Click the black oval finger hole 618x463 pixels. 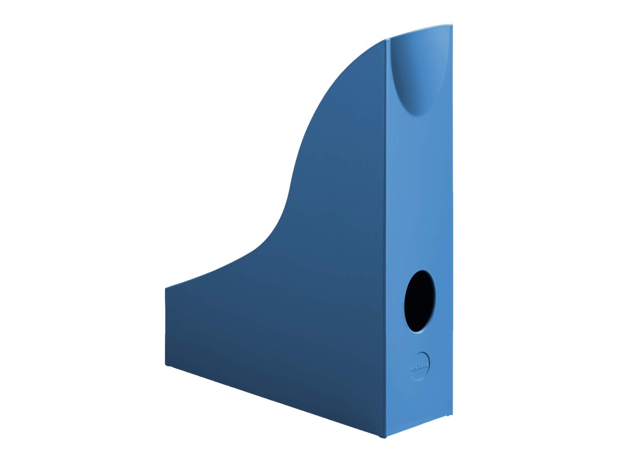click(x=419, y=301)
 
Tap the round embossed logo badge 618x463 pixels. click(x=420, y=366)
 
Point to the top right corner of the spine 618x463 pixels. click(x=452, y=25)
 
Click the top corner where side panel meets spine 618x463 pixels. click(x=387, y=40)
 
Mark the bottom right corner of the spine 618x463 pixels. click(x=452, y=414)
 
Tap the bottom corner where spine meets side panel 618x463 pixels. click(x=384, y=437)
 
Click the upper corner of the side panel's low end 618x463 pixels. click(x=166, y=288)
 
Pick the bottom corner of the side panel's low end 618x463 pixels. click(x=166, y=365)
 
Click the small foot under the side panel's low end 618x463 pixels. click(x=168, y=366)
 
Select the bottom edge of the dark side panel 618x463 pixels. click(x=273, y=401)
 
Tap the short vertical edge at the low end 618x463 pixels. click(x=165, y=327)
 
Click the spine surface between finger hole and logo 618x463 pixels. click(x=420, y=342)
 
